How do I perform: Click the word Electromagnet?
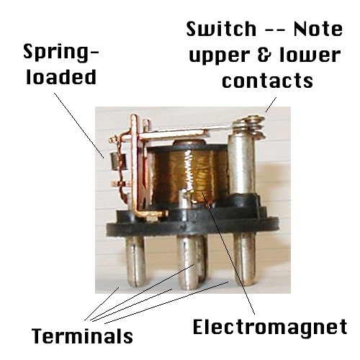270,327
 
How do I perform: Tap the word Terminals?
82,336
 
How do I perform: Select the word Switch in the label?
221,29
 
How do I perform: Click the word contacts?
267,80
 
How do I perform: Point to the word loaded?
61,77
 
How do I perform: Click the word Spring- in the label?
61,53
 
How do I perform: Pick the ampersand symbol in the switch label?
264,55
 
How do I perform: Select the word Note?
318,29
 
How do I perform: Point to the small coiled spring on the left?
116,161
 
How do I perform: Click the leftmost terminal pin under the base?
135,261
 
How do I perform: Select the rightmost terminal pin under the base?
245,259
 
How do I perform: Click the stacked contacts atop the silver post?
250,127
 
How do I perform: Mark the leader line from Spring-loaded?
79,125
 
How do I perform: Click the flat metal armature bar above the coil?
175,135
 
